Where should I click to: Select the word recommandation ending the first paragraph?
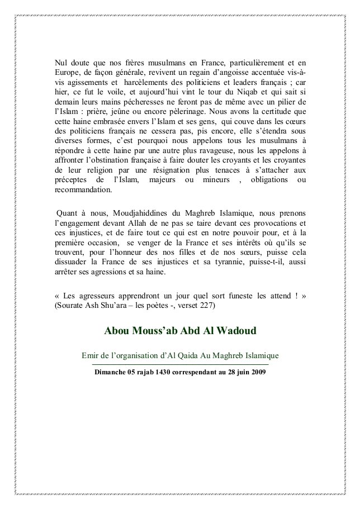coord(82,189)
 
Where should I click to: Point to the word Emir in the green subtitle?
coord(91,355)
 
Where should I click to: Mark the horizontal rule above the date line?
coord(179,365)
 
